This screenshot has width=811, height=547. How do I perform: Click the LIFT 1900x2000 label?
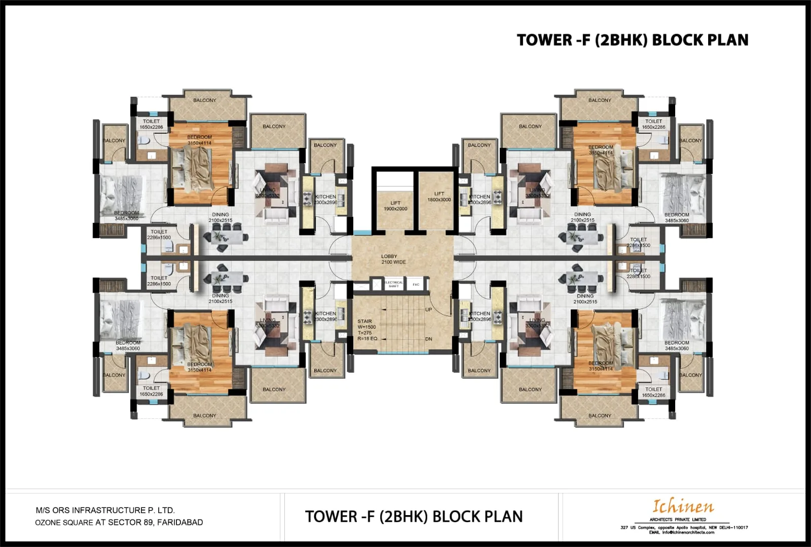pos(395,206)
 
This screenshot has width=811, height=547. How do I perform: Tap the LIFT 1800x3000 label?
pos(439,197)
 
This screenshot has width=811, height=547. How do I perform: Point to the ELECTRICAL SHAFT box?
pos(393,284)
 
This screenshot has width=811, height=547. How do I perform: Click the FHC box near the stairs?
pos(416,285)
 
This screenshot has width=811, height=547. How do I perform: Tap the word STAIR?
pos(364,321)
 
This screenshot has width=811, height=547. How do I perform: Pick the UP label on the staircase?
pos(429,309)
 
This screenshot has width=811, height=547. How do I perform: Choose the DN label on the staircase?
pos(429,339)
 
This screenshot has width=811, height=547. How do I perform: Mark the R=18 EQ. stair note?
pos(367,338)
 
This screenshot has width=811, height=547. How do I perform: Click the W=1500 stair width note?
pos(366,327)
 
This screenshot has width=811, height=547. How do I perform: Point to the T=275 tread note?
pos(364,333)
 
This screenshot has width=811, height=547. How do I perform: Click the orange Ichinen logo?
pos(683,506)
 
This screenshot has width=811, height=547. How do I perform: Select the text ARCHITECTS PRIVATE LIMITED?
pos(678,520)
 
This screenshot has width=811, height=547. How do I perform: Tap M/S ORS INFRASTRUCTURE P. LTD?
pos(105,510)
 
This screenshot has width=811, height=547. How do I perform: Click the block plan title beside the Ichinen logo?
pos(414,516)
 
